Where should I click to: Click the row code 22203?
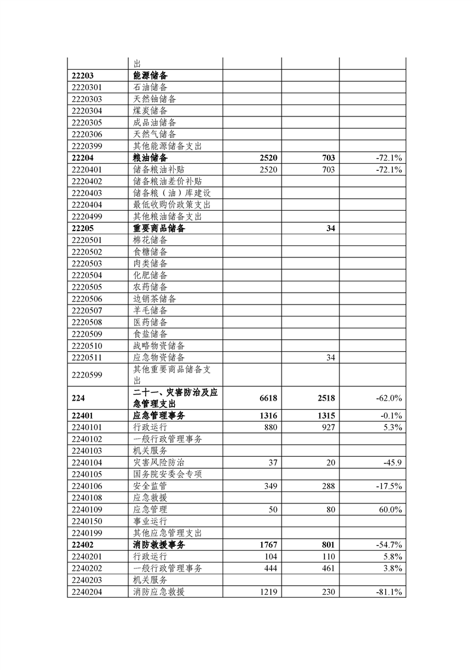[x=83, y=76]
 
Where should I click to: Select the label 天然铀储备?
[x=154, y=99]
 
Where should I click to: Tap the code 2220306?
[x=86, y=134]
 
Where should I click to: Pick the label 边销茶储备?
[x=154, y=299]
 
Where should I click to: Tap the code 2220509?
[x=86, y=334]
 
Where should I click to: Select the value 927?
[x=327, y=428]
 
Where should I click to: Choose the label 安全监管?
[x=150, y=486]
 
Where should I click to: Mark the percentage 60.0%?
[x=389, y=509]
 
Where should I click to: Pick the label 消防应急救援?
[x=159, y=592]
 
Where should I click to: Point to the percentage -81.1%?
[x=389, y=592]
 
